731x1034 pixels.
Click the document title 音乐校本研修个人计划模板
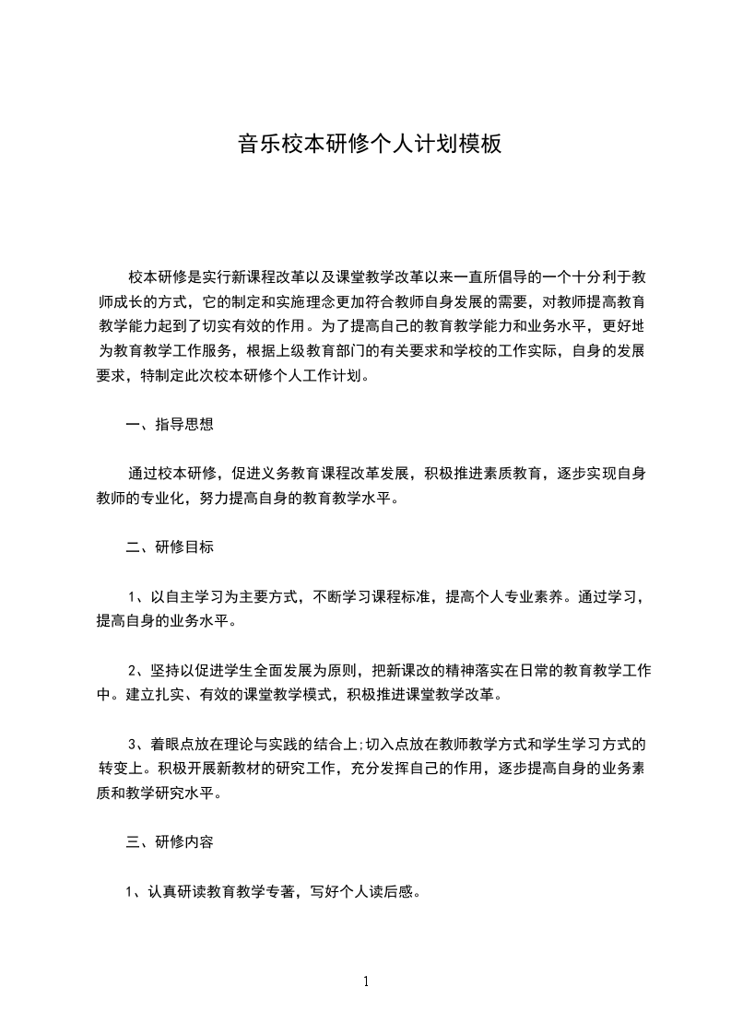(x=370, y=145)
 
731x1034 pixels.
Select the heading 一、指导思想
(x=170, y=425)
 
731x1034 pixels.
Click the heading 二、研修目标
(x=170, y=546)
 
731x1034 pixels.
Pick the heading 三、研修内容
(x=170, y=841)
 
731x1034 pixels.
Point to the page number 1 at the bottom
(x=366, y=981)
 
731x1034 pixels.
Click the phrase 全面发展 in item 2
(x=280, y=670)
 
